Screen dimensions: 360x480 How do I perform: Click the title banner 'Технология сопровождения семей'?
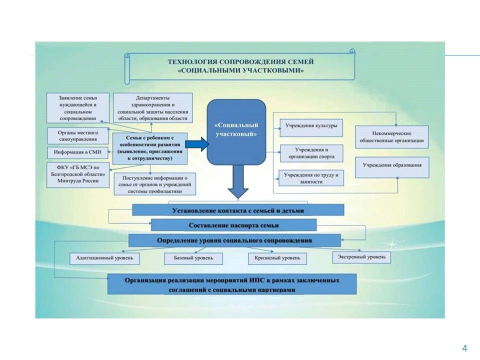[239, 66]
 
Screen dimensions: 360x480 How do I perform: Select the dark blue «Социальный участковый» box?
[236, 131]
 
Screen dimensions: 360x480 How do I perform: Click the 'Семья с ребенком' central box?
[149, 148]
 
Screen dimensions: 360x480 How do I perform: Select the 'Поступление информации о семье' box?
[154, 183]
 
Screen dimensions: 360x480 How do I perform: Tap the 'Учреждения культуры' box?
[311, 127]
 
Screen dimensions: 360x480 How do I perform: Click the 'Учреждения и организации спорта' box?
[311, 153]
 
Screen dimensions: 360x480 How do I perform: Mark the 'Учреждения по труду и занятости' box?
[311, 178]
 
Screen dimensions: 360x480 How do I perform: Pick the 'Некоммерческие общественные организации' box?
[392, 137]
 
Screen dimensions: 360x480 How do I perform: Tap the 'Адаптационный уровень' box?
[104, 258]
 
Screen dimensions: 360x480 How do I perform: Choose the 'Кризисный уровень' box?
[276, 258]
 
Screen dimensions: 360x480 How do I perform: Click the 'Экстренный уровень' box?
[361, 257]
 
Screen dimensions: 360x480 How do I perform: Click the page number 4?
[464, 348]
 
